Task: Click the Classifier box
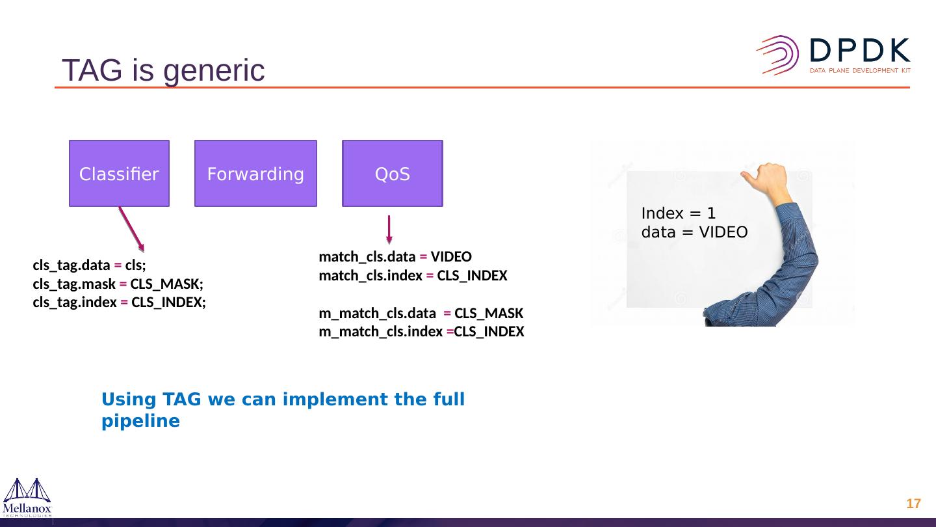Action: coord(119,173)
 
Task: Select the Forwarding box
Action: coord(255,173)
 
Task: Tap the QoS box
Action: coord(393,173)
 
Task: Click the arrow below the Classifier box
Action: coord(131,229)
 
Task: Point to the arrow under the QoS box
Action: coord(389,230)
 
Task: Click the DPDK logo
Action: coord(833,56)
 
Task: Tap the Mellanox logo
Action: coord(27,498)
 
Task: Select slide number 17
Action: coord(913,504)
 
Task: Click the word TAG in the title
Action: coord(92,70)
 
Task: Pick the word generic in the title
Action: coord(214,71)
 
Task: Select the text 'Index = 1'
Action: coord(679,213)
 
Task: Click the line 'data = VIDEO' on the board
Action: coord(694,232)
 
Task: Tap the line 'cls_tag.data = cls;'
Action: coord(90,265)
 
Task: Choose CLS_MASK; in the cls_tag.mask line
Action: coord(166,284)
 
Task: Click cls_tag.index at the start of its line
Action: coord(75,302)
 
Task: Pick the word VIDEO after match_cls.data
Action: coord(451,256)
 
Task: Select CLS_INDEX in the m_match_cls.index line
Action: coord(489,332)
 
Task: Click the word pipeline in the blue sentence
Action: coord(141,421)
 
